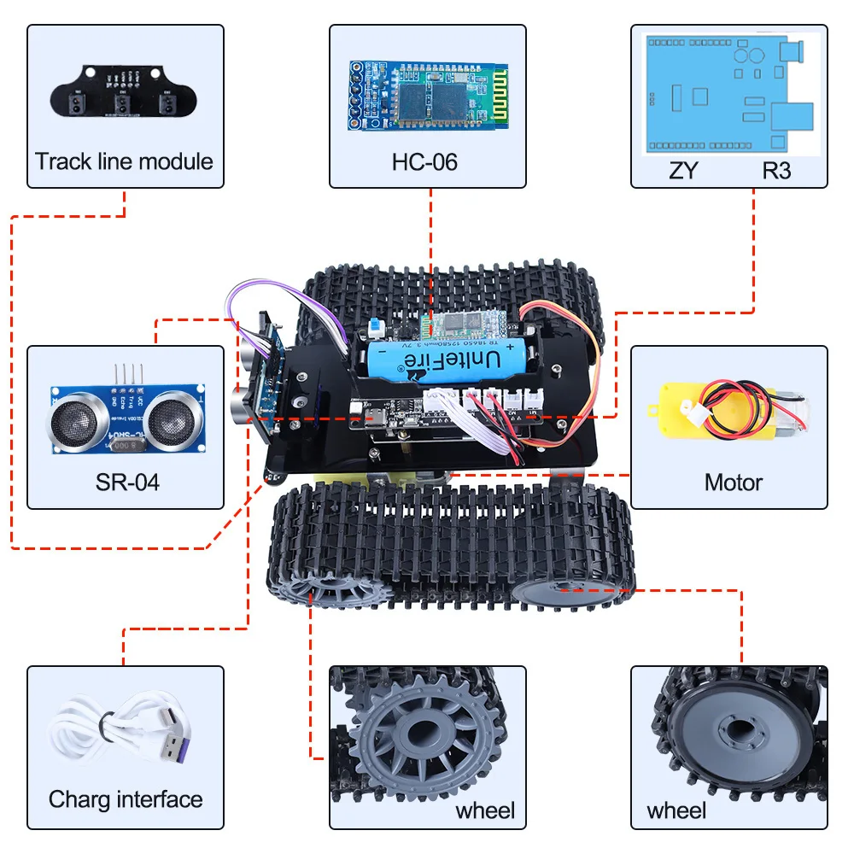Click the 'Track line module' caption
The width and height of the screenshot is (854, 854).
(x=125, y=161)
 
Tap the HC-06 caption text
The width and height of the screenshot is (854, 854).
(x=424, y=161)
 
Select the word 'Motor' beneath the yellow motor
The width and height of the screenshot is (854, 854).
(x=733, y=483)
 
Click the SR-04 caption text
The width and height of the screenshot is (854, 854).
(x=126, y=483)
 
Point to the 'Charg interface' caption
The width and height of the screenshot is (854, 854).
(x=126, y=799)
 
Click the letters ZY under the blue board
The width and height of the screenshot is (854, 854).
(x=683, y=170)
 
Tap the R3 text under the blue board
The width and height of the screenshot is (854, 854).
(x=776, y=170)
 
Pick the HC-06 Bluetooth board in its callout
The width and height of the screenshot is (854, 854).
(x=427, y=95)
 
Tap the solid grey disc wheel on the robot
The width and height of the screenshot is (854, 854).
(x=555, y=588)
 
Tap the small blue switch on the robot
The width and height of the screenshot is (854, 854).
(x=374, y=325)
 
